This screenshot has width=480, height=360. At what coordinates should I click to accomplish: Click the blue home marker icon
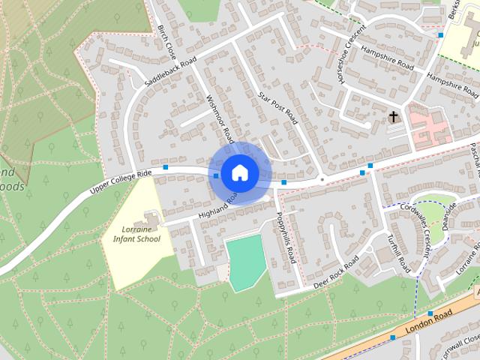[238, 172]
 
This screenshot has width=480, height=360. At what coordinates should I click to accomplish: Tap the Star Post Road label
[278, 109]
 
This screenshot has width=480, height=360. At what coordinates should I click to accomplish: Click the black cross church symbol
[394, 117]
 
